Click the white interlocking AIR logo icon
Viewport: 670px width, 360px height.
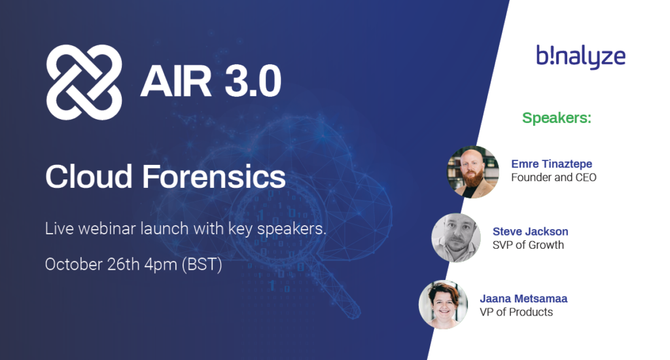[x=84, y=82]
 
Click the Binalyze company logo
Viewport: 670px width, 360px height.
[x=580, y=57]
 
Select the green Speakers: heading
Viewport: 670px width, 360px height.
[x=556, y=118]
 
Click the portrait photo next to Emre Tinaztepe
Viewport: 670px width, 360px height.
[x=473, y=171]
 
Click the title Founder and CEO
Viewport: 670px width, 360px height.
[x=554, y=177]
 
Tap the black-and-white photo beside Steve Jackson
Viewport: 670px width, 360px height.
[x=456, y=238]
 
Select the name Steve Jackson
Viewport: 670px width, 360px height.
[x=530, y=232]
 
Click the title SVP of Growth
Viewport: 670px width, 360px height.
[x=528, y=245]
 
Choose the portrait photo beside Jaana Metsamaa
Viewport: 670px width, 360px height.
[x=443, y=304]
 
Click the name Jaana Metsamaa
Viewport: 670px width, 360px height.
[x=523, y=298]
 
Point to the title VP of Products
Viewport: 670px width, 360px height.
[x=516, y=312]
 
